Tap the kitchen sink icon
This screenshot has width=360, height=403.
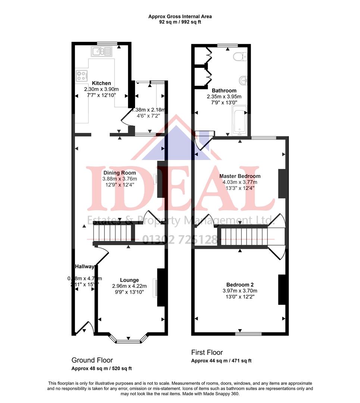click(x=101, y=52)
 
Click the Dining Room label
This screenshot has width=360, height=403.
click(x=119, y=173)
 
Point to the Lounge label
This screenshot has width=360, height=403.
click(x=129, y=280)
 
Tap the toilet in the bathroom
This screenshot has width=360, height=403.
click(x=238, y=56)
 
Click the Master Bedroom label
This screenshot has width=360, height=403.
click(x=240, y=176)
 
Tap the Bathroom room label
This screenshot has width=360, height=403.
click(x=224, y=90)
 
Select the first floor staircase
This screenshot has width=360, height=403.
click(x=245, y=237)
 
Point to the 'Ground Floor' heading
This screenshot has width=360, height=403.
click(x=92, y=360)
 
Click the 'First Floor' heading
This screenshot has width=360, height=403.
click(x=207, y=352)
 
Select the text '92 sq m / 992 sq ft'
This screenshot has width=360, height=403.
click(x=180, y=22)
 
